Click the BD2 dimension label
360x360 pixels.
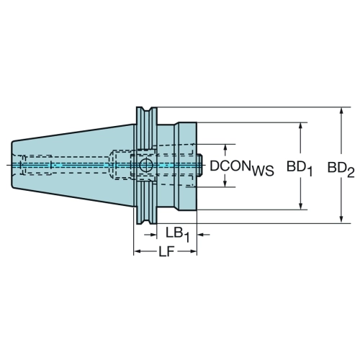tap(341, 170)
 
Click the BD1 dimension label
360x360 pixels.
tap(300, 169)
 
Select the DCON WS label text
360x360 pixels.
tap(242, 168)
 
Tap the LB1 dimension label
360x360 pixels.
tap(178, 235)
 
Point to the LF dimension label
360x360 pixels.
tap(166, 252)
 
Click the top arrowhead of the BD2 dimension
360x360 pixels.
tap(342, 111)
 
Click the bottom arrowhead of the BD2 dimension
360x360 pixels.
tap(342, 220)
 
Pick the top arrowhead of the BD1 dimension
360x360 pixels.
tap(300, 127)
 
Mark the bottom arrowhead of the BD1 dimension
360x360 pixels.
tap(300, 206)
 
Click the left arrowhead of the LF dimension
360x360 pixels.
tap(138, 251)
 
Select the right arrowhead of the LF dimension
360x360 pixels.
tap(193, 251)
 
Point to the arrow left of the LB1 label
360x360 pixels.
tap(150, 235)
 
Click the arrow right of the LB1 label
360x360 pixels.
tap(203, 235)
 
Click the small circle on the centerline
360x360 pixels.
tap(146, 165)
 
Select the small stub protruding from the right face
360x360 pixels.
tap(199, 166)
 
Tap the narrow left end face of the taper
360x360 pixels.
tap(12, 165)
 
